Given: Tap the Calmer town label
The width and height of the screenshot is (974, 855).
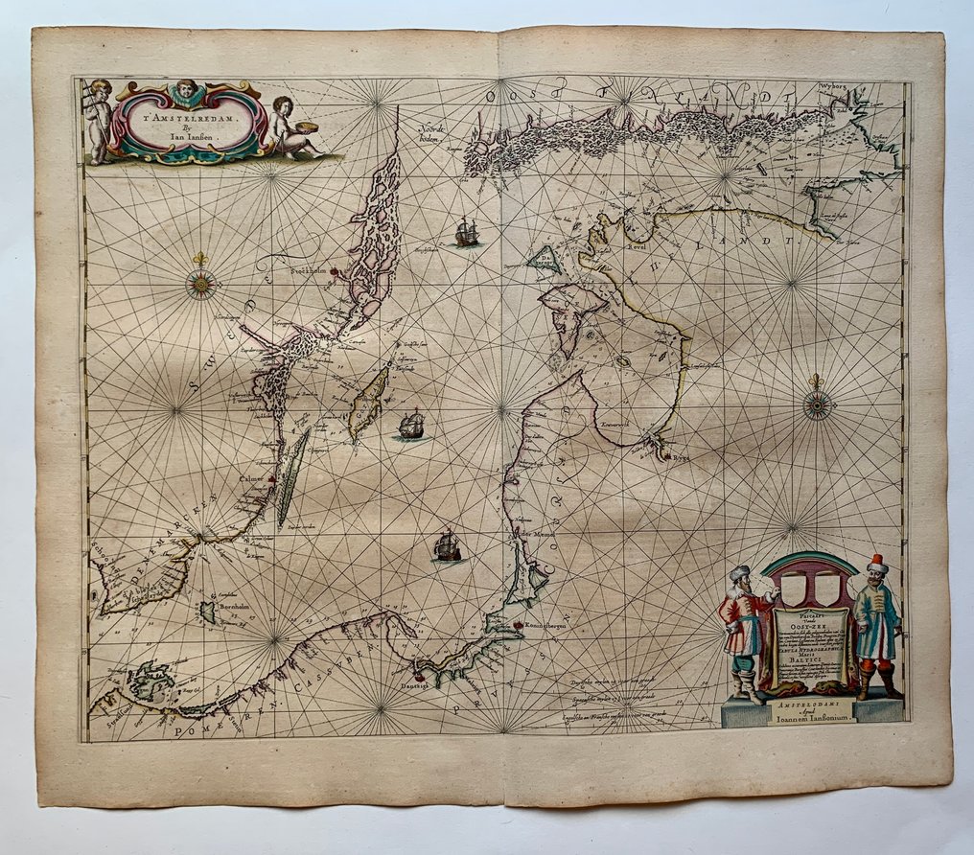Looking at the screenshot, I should [253, 476].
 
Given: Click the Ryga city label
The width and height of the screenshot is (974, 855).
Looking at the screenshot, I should [678, 459].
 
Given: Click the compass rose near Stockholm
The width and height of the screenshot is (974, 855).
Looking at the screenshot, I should [201, 284].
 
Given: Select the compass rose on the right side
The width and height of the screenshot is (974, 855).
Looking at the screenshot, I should [818, 405].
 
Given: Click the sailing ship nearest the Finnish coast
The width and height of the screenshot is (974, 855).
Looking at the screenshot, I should [467, 232].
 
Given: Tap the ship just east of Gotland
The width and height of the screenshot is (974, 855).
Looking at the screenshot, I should [411, 424].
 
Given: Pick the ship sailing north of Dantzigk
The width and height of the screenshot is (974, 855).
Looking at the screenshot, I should [447, 546].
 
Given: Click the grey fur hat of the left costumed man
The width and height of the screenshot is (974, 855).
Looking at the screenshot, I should [739, 573].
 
